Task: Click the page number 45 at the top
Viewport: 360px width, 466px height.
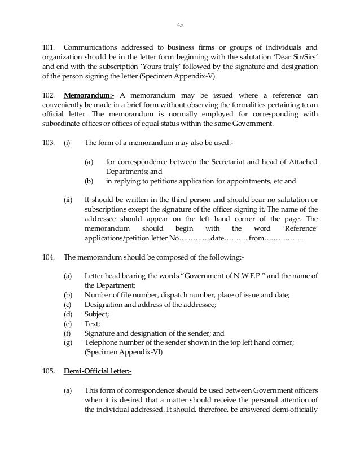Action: [x=180, y=24]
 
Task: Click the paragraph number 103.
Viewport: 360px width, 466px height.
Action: [x=49, y=143]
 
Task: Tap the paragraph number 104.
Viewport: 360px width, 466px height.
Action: [x=49, y=257]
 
